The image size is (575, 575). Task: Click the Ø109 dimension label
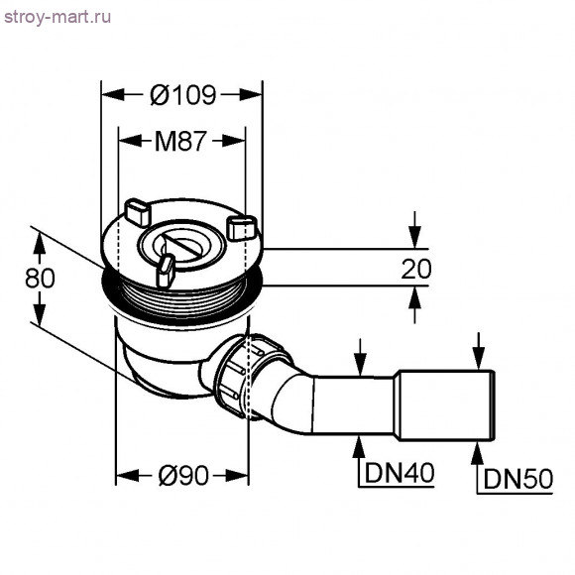point(183,95)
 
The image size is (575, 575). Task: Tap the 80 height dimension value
point(39,279)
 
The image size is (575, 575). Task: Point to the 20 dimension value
point(416,267)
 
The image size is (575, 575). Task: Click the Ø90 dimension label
point(183,476)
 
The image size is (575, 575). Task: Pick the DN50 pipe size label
point(517,481)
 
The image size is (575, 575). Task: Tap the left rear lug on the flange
point(136,210)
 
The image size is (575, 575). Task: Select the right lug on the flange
point(241,227)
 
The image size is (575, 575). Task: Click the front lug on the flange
point(166,269)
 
